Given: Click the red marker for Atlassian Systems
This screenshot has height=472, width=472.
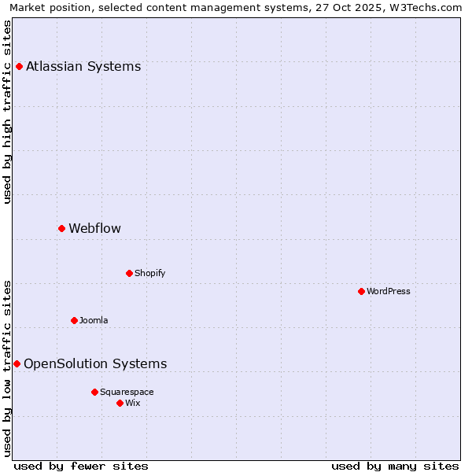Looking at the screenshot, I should (19, 66).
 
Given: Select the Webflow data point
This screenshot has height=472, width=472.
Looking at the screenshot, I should (61, 228).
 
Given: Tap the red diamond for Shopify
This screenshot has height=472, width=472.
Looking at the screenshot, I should (129, 273).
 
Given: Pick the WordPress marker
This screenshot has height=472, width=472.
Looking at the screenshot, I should (361, 291).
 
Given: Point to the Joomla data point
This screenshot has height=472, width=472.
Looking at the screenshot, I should (74, 320).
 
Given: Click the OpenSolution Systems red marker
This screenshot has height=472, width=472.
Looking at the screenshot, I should (17, 363).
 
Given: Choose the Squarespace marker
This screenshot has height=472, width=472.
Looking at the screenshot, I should (94, 392).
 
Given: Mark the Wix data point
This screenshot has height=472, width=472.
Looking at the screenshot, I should (120, 403).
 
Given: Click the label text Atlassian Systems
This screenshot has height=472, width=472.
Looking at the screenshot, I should (83, 66).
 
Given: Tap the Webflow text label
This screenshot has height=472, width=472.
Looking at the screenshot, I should (94, 228).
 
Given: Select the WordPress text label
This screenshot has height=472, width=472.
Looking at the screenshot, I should (389, 291).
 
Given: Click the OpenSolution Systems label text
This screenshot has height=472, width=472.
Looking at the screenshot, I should (95, 363).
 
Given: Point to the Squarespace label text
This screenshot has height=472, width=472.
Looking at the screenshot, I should (127, 392).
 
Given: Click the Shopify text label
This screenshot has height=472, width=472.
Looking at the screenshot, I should (149, 273).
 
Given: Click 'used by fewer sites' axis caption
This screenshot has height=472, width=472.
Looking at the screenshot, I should (81, 466).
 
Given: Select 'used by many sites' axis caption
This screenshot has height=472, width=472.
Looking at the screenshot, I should (395, 466).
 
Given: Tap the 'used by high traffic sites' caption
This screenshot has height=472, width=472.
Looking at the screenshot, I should (8, 112).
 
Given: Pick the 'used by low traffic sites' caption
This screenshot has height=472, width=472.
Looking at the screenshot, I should (8, 368).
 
